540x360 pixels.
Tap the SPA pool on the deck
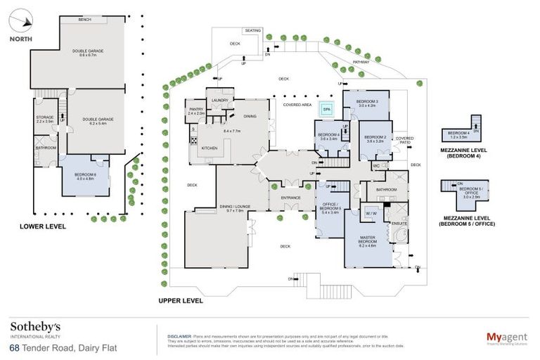(x=326, y=109)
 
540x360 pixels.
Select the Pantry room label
(x=196, y=111)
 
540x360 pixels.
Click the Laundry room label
(x=220, y=100)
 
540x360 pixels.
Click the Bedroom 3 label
(x=366, y=103)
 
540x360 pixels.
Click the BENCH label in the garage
(x=86, y=20)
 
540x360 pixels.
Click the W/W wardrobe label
(x=371, y=212)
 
